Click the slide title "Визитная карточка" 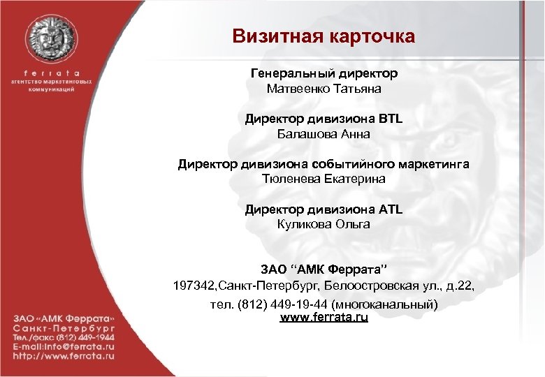[x=324, y=36]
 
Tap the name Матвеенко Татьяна [x=324, y=89]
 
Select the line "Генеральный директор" [x=324, y=73]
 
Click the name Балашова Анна [x=324, y=134]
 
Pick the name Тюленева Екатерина [x=324, y=179]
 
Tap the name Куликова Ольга [x=324, y=224]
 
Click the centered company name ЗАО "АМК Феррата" [x=324, y=269]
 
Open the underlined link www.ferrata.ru [x=324, y=318]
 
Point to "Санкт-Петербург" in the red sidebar [x=62, y=326]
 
